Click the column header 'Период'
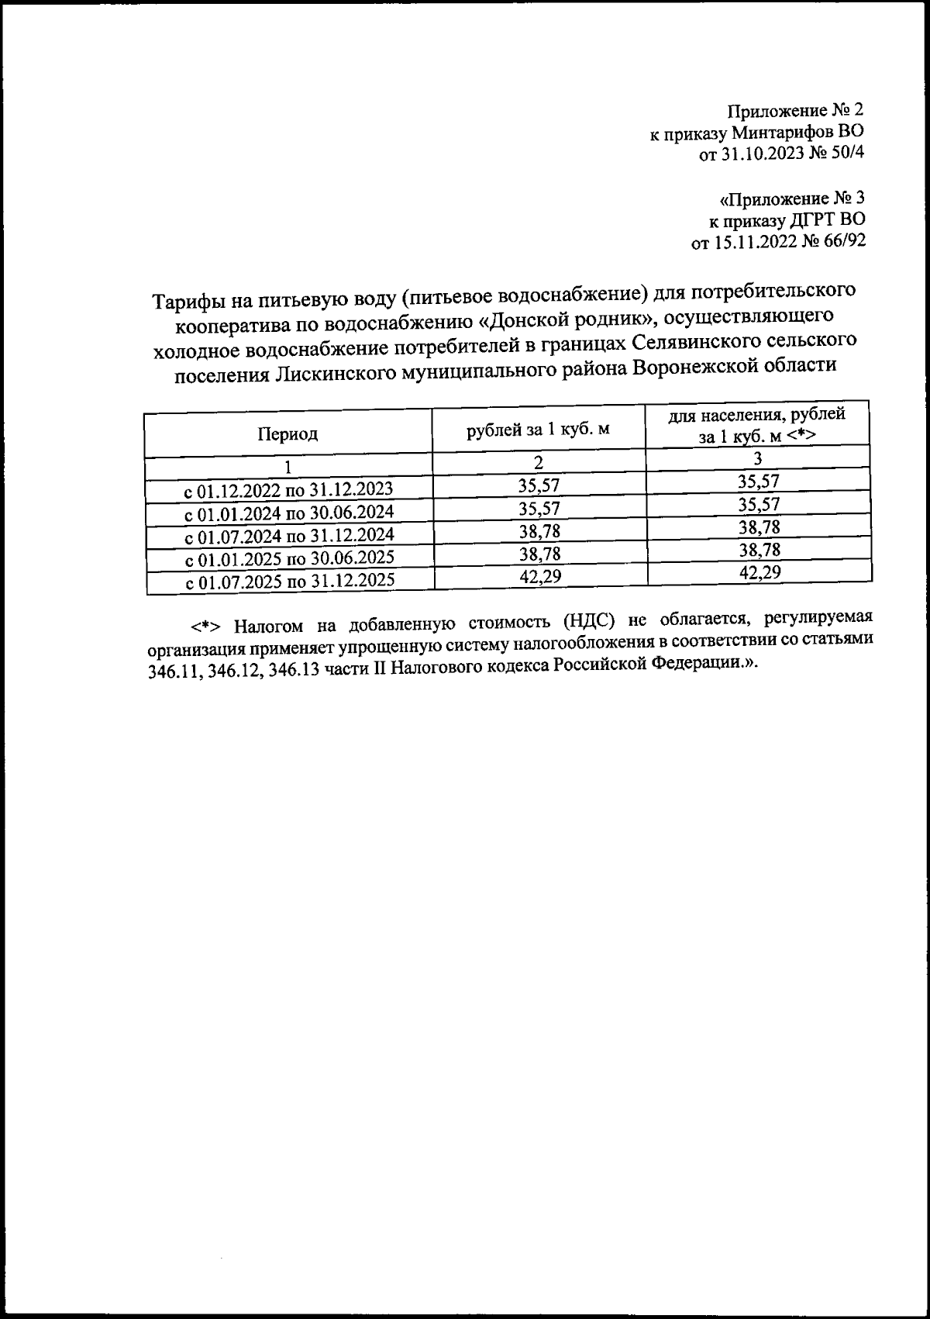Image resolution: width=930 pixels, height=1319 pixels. click(288, 434)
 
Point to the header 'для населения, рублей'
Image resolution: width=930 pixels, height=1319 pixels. click(757, 416)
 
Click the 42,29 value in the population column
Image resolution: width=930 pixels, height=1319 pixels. click(759, 572)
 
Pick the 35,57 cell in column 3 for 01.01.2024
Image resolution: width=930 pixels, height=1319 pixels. click(759, 505)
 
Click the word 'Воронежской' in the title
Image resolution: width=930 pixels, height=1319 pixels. click(694, 366)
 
